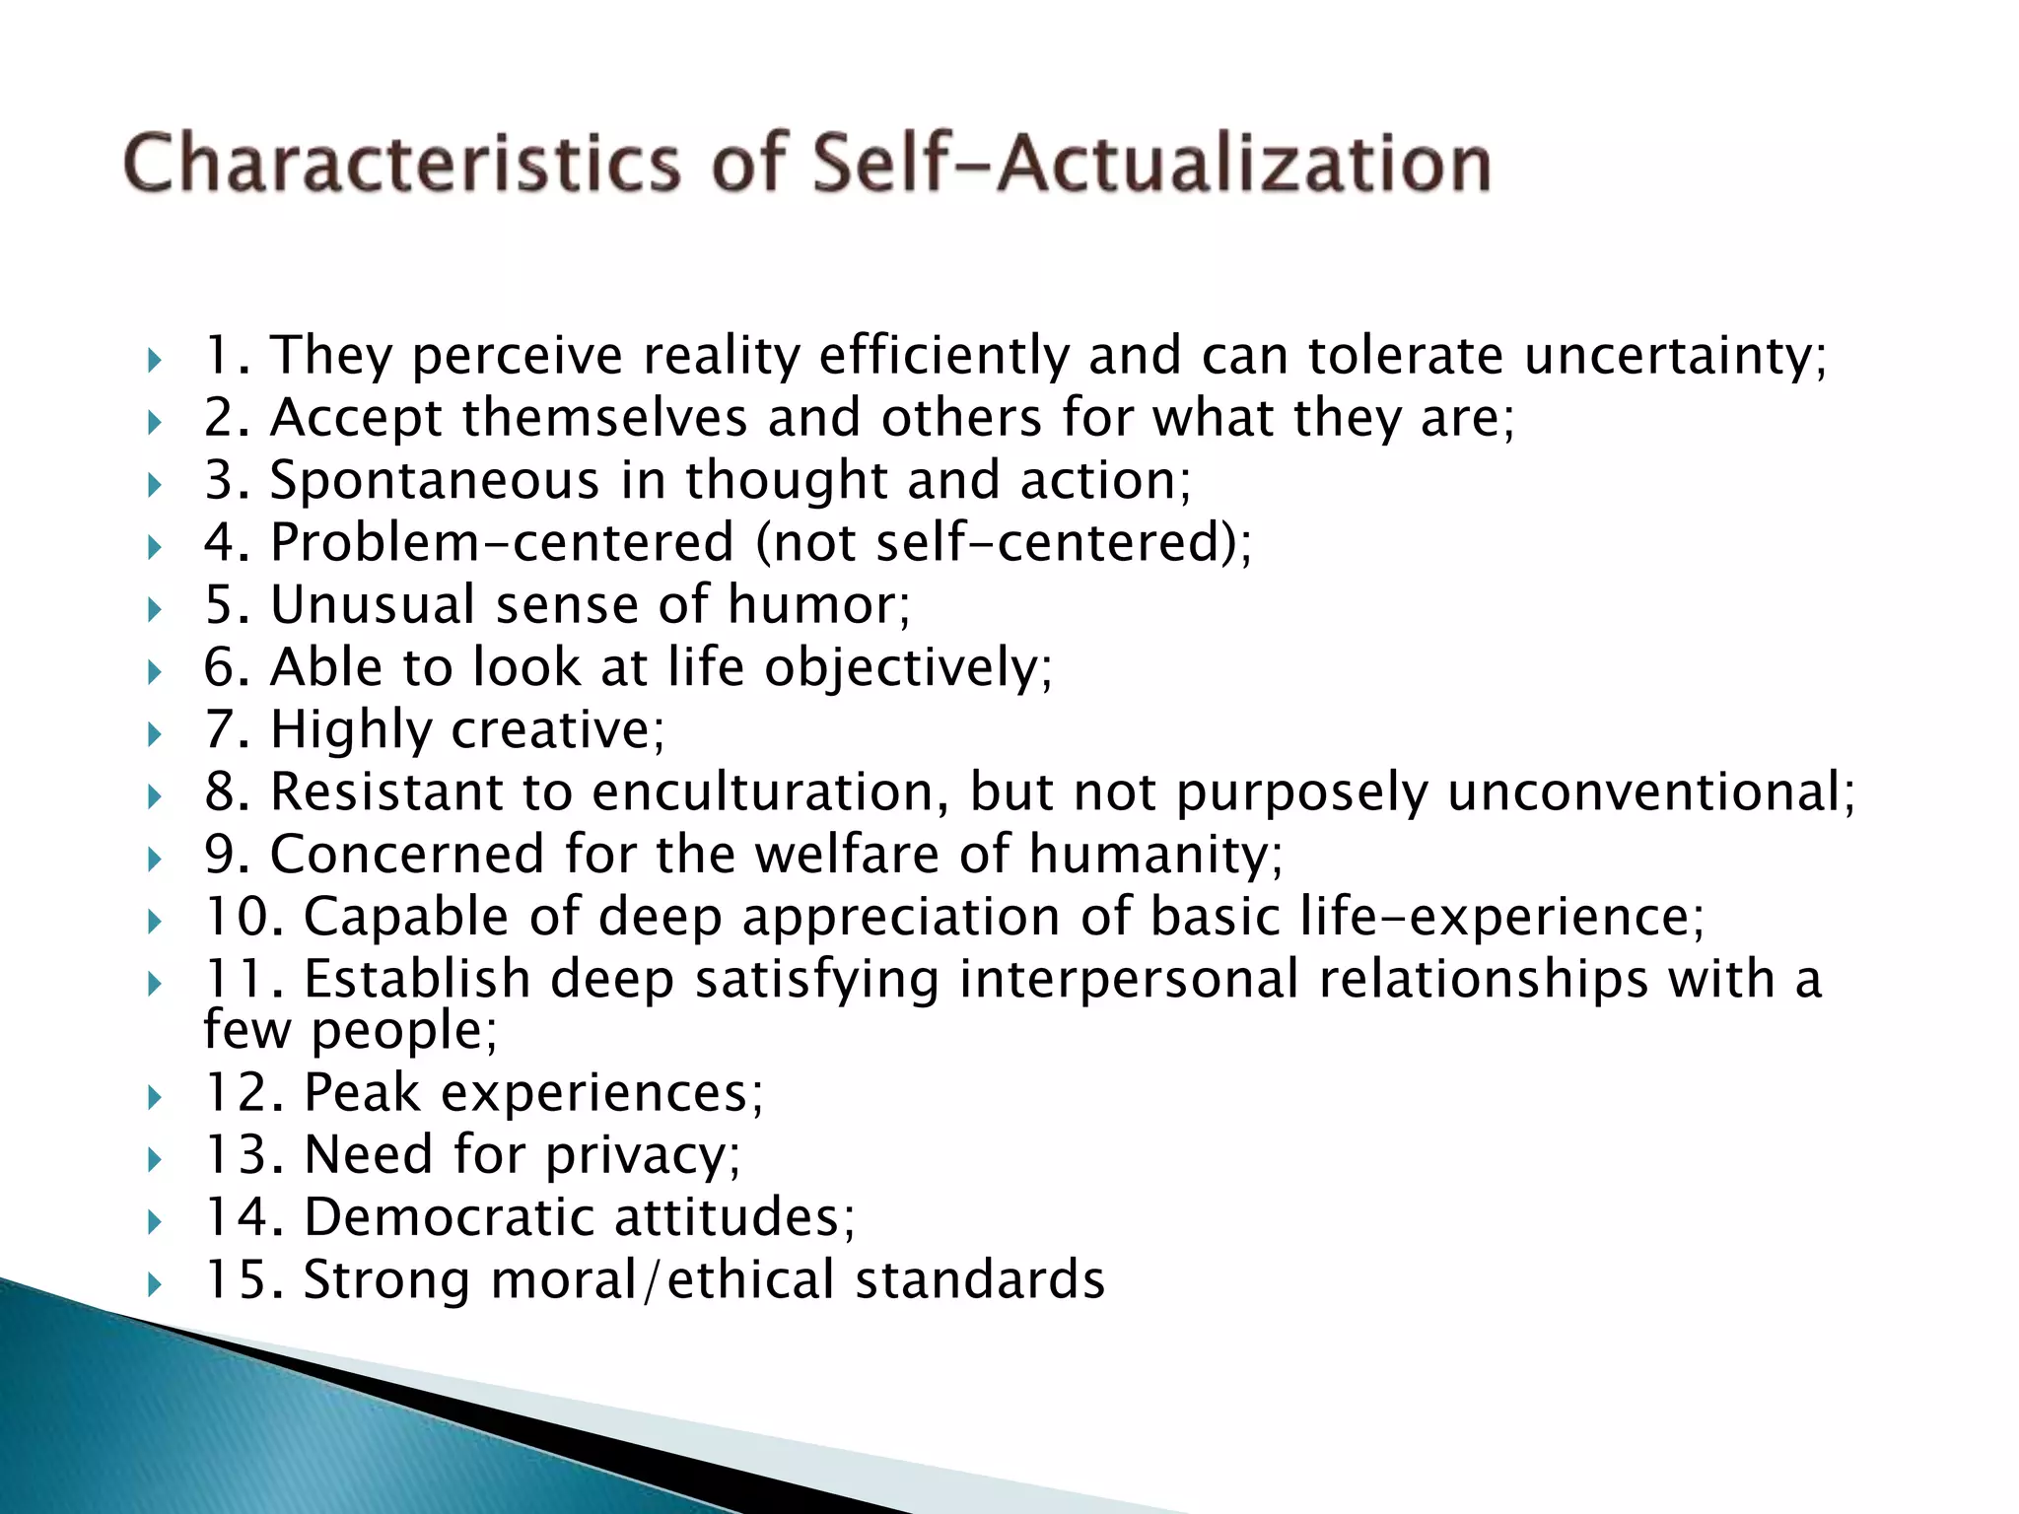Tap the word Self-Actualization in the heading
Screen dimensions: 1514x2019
pyautogui.click(x=1151, y=163)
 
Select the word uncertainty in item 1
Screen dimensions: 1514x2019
pyautogui.click(x=1675, y=356)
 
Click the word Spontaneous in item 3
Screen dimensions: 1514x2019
pyautogui.click(x=435, y=481)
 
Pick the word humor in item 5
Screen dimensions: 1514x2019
pyautogui.click(x=818, y=605)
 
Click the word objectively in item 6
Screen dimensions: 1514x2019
pyautogui.click(x=908, y=668)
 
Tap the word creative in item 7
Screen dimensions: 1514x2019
pyautogui.click(x=557, y=730)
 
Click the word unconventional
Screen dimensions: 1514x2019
pyautogui.click(x=1650, y=792)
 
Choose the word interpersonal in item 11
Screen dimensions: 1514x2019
pyautogui.click(x=1129, y=980)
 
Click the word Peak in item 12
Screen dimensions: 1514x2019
pyautogui.click(x=362, y=1093)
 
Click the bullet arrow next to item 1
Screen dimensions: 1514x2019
pyautogui.click(x=154, y=360)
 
